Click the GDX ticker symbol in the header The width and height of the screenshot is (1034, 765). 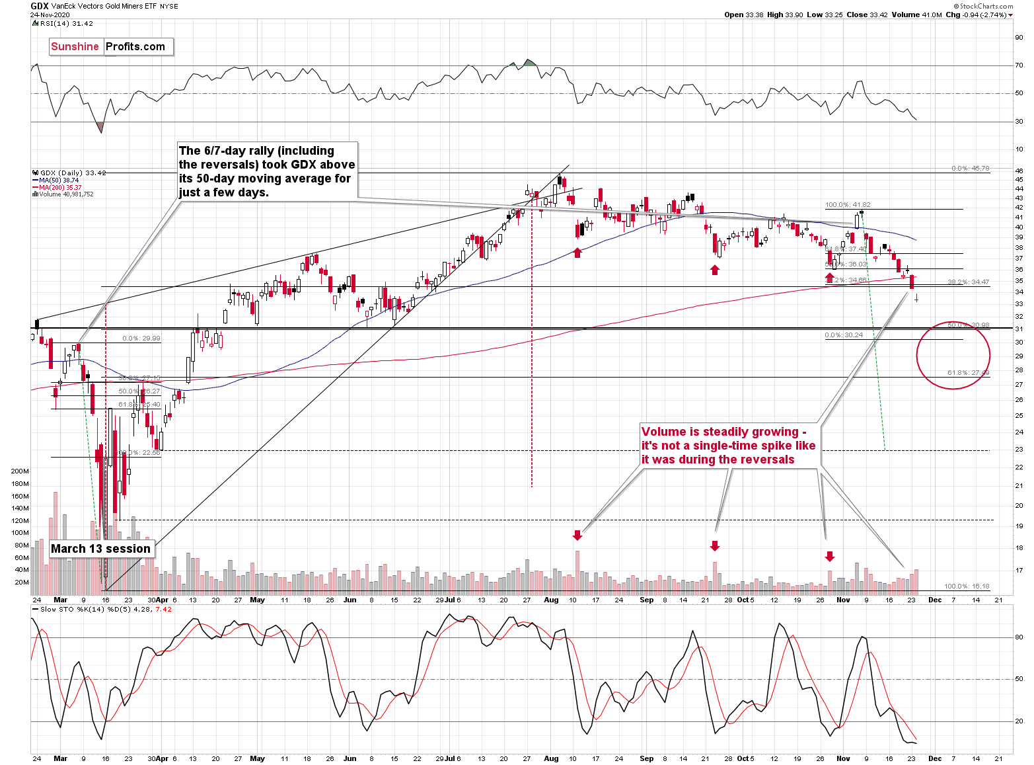click(39, 6)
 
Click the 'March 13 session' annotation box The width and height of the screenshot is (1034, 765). click(100, 549)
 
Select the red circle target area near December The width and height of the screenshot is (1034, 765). click(953, 356)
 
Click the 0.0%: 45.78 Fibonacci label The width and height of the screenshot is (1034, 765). click(970, 169)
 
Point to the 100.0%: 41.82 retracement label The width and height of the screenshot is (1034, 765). click(848, 205)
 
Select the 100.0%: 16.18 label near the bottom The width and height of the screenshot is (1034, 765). click(966, 586)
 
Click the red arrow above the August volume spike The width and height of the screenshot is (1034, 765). click(577, 534)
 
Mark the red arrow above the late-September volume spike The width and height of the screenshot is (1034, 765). click(714, 546)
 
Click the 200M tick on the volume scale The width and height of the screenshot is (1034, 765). click(20, 471)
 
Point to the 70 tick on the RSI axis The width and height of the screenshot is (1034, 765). click(1019, 65)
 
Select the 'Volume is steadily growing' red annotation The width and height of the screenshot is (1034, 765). click(728, 446)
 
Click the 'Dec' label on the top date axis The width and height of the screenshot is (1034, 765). click(934, 600)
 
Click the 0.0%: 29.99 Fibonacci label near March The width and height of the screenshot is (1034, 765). click(141, 339)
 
